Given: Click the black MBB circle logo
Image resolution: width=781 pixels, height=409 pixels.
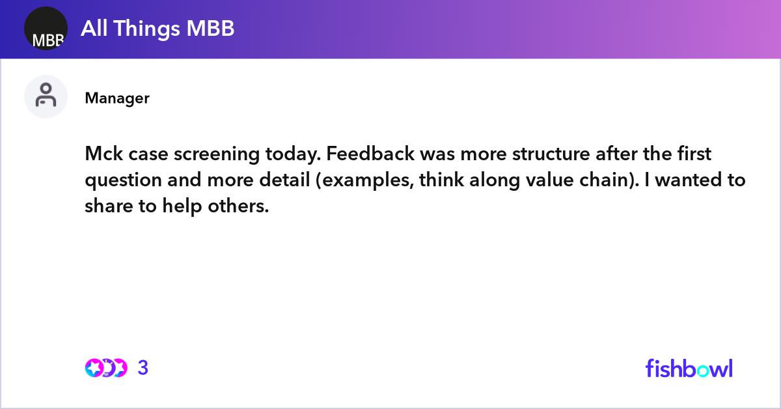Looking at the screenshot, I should point(46,29).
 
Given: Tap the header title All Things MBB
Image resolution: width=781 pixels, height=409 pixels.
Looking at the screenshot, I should point(158,29).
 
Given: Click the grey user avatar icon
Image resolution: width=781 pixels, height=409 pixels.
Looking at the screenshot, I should point(46,96).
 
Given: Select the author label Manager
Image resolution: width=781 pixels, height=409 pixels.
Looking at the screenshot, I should point(117,98).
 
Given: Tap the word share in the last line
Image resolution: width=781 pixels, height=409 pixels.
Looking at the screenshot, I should point(105,206).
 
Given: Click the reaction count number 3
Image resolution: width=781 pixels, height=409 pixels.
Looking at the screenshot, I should point(143,368).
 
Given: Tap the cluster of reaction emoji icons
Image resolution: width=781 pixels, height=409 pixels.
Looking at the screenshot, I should point(105,368).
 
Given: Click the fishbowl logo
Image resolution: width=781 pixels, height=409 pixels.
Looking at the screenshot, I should point(689,368).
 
